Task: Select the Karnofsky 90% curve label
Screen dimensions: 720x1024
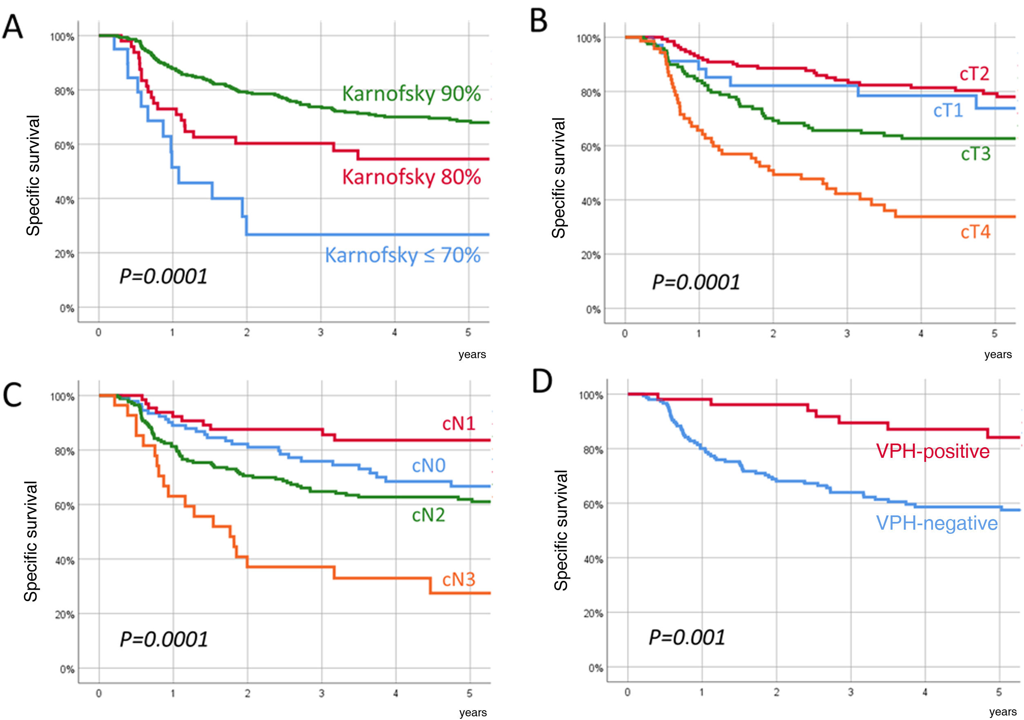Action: click(x=411, y=94)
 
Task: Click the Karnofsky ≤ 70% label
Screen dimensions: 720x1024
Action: click(x=402, y=255)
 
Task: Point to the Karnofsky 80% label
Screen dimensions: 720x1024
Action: click(x=411, y=177)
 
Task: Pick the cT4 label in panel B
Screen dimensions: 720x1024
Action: click(x=975, y=232)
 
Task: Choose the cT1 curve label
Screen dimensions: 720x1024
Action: click(x=948, y=110)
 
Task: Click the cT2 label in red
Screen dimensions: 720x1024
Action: click(x=975, y=74)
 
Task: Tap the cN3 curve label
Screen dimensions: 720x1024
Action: click(x=459, y=580)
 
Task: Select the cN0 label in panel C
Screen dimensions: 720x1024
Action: click(x=428, y=466)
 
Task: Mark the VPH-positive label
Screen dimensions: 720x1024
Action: click(x=933, y=451)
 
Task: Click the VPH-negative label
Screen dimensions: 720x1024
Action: click(x=937, y=523)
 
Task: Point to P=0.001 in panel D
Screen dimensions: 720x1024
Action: click(x=687, y=637)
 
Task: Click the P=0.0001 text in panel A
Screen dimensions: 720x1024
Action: click(x=163, y=276)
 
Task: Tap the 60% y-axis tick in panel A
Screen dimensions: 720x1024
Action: click(x=64, y=146)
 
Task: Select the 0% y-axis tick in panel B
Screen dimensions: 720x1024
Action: click(x=593, y=309)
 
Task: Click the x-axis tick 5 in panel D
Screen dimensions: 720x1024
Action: click(x=999, y=692)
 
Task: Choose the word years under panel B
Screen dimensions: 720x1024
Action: click(x=998, y=354)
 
